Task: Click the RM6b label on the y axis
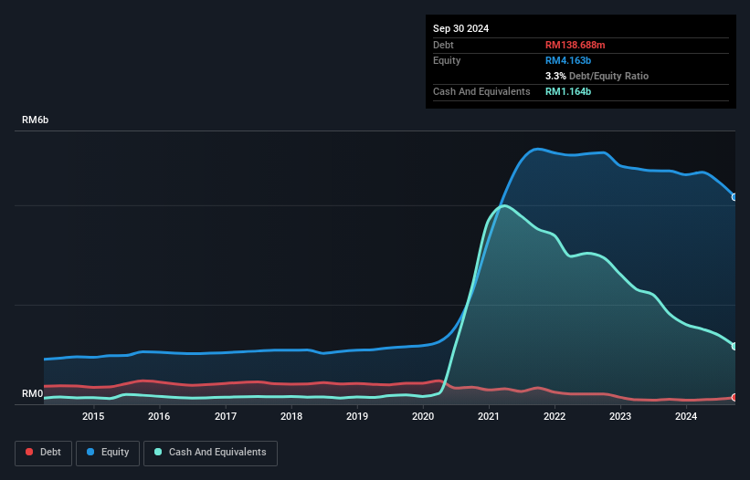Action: click(x=35, y=120)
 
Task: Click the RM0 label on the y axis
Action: click(x=32, y=394)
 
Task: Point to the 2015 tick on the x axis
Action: click(x=93, y=417)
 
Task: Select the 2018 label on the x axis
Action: click(x=291, y=417)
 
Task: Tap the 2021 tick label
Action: click(x=489, y=417)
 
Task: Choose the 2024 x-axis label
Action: click(x=686, y=417)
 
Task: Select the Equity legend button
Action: click(x=108, y=452)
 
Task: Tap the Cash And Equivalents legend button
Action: click(x=210, y=452)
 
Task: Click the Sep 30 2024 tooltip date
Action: click(x=460, y=28)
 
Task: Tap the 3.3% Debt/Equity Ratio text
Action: click(x=597, y=76)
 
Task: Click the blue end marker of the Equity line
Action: click(x=734, y=197)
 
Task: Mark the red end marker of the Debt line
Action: click(x=734, y=398)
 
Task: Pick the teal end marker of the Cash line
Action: click(x=734, y=346)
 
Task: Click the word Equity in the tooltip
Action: click(x=447, y=60)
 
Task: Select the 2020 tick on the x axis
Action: click(x=423, y=417)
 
